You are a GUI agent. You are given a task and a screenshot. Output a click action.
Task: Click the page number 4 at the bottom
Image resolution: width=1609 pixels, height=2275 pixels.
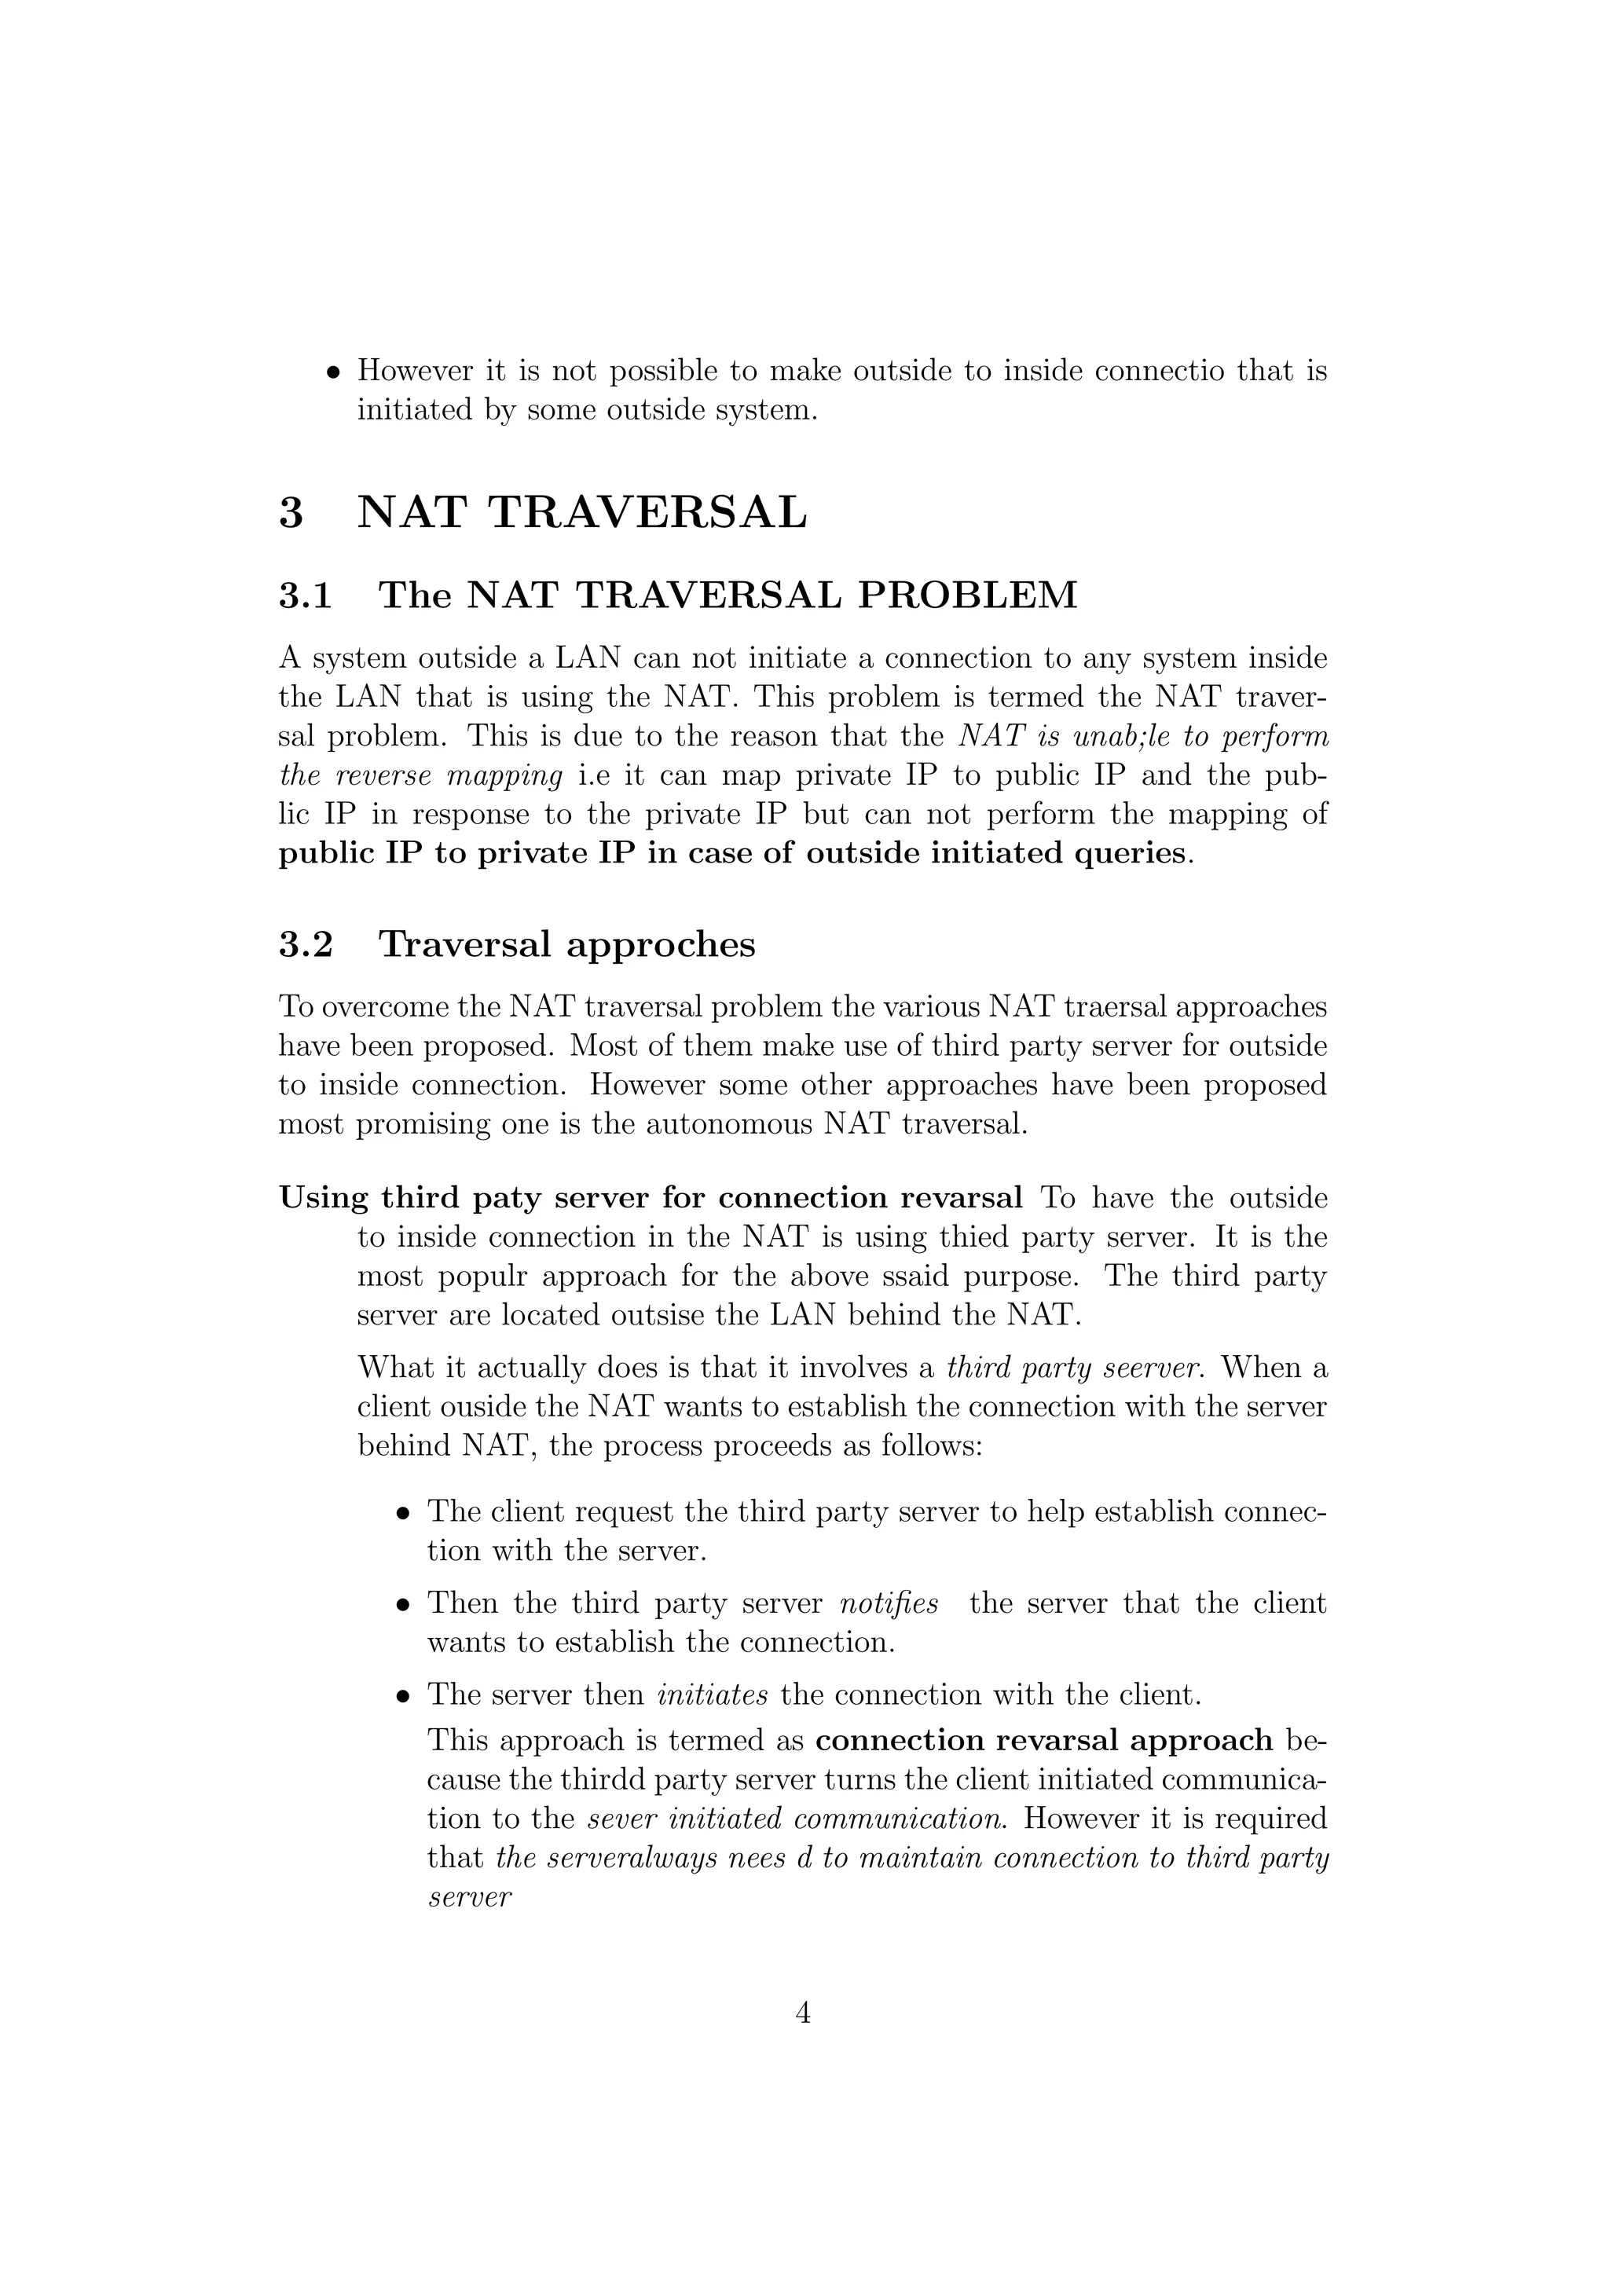coord(804,2013)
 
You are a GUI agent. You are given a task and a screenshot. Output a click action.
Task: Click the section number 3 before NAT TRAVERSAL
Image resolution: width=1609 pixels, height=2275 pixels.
coord(291,513)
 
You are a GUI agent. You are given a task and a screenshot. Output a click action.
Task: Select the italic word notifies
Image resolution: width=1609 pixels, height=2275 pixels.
coord(889,1603)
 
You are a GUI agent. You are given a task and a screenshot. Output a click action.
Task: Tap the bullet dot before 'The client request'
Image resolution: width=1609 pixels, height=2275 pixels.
coord(402,1514)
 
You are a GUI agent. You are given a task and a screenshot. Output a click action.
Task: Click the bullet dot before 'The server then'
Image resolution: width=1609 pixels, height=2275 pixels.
coord(402,1696)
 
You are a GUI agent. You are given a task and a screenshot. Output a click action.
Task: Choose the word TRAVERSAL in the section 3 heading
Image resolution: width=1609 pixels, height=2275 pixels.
coord(648,513)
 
